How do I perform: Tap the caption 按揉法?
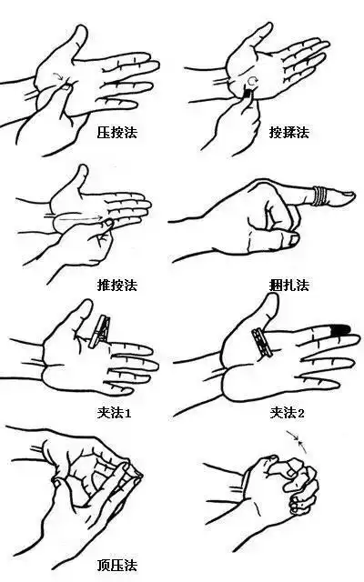click(x=288, y=132)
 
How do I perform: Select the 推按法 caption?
click(x=116, y=285)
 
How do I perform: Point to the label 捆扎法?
click(x=288, y=285)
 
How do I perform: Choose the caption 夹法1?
click(x=116, y=413)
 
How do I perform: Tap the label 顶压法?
click(x=116, y=565)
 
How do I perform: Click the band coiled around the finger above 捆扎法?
click(x=322, y=195)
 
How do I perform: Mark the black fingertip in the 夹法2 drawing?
click(x=341, y=329)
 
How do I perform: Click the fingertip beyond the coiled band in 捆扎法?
click(x=345, y=196)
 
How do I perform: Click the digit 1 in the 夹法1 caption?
click(x=130, y=413)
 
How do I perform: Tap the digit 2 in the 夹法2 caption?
click(x=302, y=413)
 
